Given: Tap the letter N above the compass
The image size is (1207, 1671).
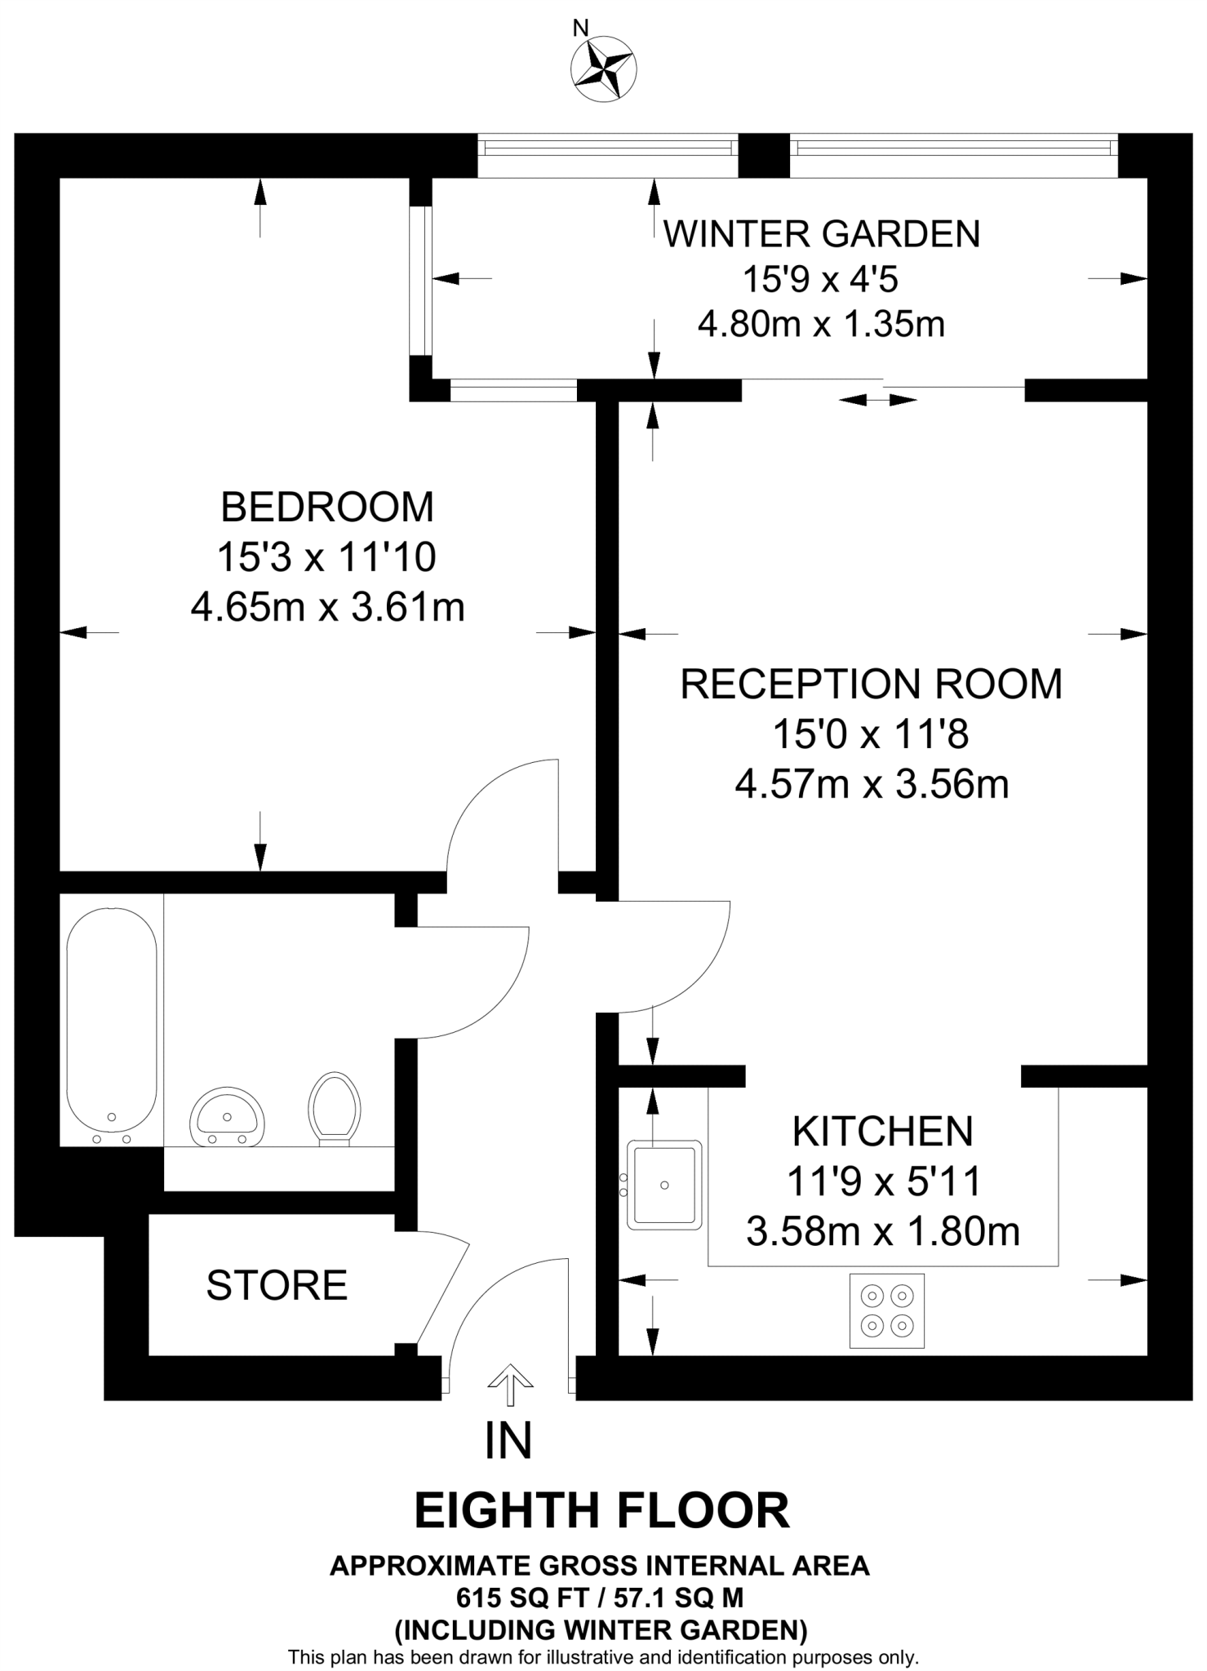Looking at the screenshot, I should point(580,29).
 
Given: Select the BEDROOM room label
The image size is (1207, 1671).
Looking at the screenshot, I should point(327,508).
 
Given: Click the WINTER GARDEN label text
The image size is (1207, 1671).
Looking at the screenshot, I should point(821,234).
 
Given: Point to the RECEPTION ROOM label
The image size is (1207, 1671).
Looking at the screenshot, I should point(872,684).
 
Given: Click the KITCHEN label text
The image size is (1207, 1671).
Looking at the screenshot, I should point(883,1132).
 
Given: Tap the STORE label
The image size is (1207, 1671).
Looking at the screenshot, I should point(277,1285).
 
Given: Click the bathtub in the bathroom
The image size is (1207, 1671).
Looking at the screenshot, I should point(111,1026).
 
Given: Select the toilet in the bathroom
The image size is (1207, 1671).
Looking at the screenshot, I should point(335,1110).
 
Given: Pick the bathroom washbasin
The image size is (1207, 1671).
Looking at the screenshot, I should point(228,1115).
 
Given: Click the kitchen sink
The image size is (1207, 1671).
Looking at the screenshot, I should point(664,1185).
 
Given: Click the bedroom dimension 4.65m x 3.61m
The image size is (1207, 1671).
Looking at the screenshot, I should point(327,607).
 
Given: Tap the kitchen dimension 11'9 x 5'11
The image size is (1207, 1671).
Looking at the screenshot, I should point(883,1181).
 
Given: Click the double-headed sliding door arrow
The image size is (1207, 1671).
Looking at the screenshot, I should point(878,400).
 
